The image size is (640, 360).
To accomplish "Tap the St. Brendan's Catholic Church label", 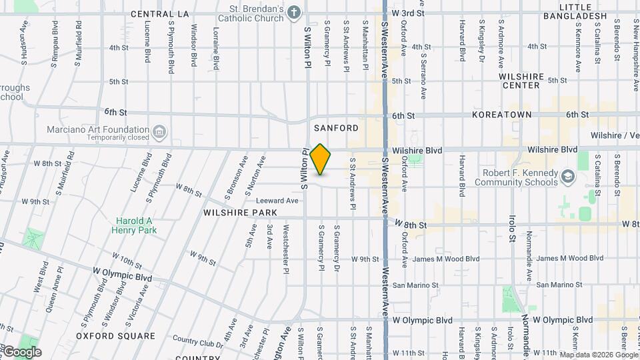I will (x=251, y=13).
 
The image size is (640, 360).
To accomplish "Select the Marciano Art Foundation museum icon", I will (x=159, y=130).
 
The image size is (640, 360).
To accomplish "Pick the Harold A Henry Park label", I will (x=135, y=225).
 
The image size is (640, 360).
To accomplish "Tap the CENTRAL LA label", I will (x=160, y=13).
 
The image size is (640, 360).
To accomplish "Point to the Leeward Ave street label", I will (x=277, y=200).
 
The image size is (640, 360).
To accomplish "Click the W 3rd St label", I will (x=410, y=13).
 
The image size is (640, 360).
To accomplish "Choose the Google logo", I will (x=22, y=352).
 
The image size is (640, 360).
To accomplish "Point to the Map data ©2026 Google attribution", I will (x=597, y=354).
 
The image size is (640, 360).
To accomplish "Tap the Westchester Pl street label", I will (x=286, y=245).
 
